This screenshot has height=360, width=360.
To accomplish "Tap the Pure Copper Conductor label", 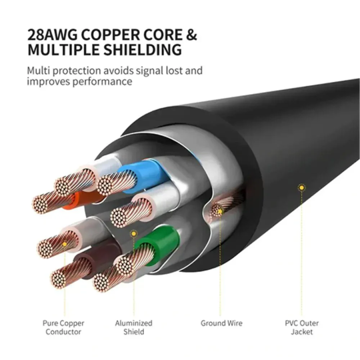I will pos(65,327).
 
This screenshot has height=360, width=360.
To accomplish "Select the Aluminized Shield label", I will pos(134,327).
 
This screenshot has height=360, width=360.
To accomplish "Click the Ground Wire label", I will pos(221,323).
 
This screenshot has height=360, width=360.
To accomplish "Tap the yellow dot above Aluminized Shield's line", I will pos(134,233).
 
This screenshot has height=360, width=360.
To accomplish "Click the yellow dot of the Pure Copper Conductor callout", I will pos(65,246).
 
